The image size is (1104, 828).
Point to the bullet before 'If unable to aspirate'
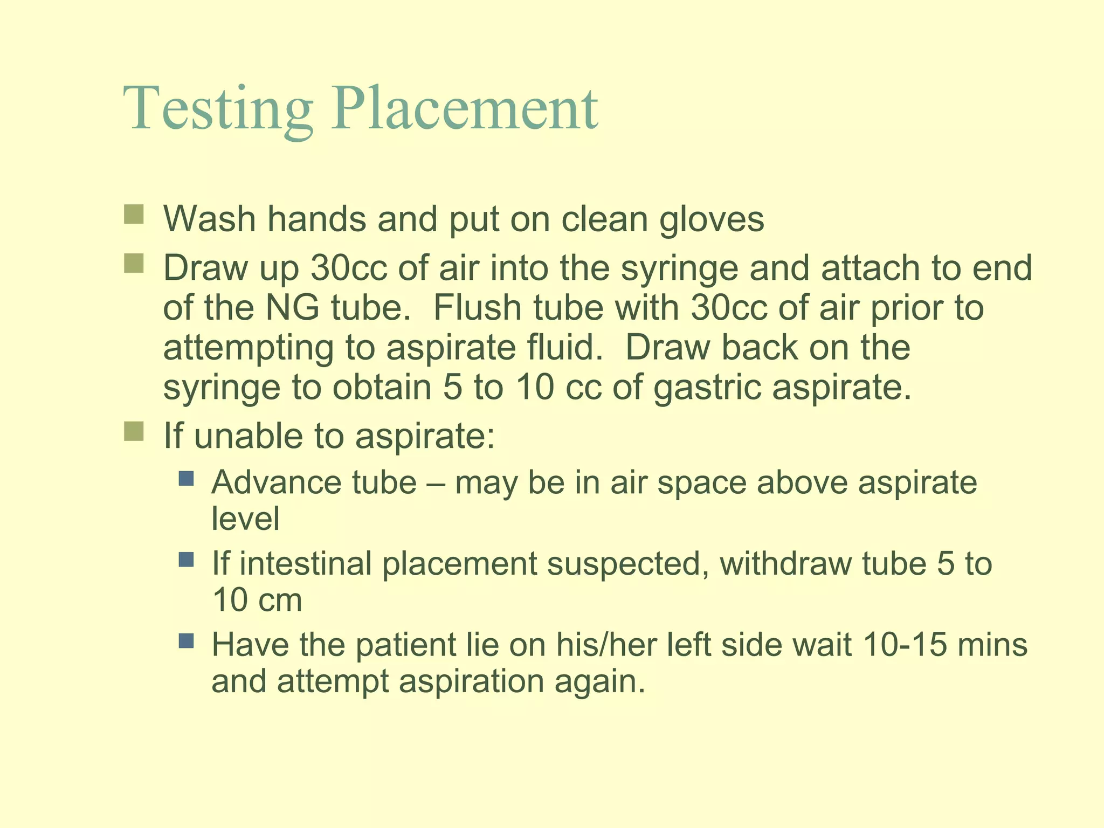[x=134, y=431]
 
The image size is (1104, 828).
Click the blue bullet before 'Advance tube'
[x=186, y=478]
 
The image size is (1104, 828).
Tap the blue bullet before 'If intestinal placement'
[x=186, y=559]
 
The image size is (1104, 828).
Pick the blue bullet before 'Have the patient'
[x=186, y=640]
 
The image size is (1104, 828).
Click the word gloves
[x=712, y=220]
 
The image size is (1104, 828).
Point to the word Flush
[x=477, y=308]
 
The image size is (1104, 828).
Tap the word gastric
[x=708, y=388]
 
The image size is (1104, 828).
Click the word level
[x=245, y=519]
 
